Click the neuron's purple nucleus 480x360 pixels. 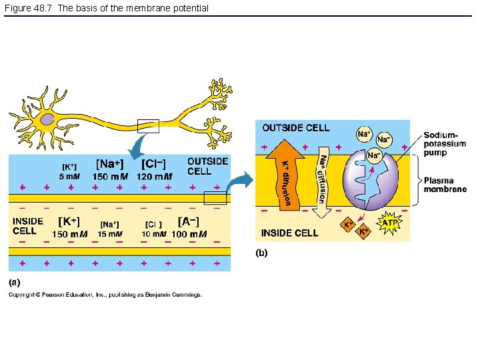click(x=47, y=120)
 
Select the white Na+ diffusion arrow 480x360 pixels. click(x=322, y=180)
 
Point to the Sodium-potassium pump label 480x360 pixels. click(x=445, y=144)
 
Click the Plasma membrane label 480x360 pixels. click(x=445, y=185)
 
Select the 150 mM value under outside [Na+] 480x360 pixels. click(x=110, y=177)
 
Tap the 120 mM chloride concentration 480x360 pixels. click(x=154, y=177)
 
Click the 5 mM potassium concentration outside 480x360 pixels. click(x=69, y=177)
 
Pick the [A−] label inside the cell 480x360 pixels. click(x=188, y=221)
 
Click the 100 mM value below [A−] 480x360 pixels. click(x=189, y=234)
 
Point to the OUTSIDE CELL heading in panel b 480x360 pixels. click(x=295, y=127)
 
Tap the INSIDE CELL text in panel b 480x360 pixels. click(x=289, y=233)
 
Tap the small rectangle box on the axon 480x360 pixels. click(x=147, y=125)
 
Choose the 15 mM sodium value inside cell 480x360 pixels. click(x=110, y=234)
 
